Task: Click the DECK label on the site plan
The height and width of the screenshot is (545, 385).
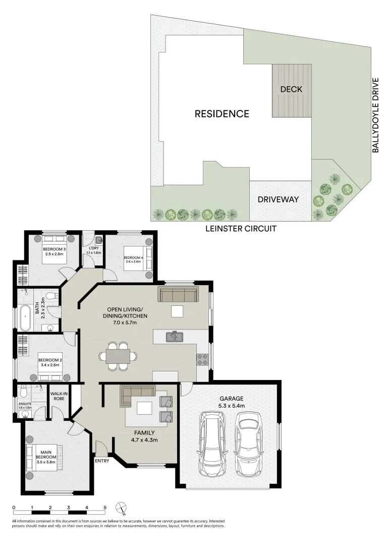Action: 291,89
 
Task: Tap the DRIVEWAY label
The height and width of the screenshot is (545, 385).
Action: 278,199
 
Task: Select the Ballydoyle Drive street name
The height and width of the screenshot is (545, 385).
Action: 375,115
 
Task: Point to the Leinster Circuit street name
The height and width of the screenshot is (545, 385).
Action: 241,229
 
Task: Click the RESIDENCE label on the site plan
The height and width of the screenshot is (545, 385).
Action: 222,114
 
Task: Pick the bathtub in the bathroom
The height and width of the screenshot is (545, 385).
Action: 25,318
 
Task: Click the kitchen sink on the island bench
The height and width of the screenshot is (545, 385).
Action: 175,337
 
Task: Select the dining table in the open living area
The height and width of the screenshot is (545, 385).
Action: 118,356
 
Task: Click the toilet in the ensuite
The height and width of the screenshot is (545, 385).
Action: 23,392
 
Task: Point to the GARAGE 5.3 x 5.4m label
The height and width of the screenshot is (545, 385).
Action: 232,402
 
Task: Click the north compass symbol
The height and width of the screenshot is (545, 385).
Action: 121,508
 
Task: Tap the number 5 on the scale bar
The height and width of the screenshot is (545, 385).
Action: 105,508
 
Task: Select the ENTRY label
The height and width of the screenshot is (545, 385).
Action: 102,461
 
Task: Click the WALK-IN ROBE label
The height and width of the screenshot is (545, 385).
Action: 59,396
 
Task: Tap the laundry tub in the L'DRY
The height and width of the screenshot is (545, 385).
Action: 99,240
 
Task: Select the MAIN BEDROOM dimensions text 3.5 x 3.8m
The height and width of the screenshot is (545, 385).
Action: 46,462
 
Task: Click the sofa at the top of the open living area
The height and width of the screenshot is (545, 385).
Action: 178,294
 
